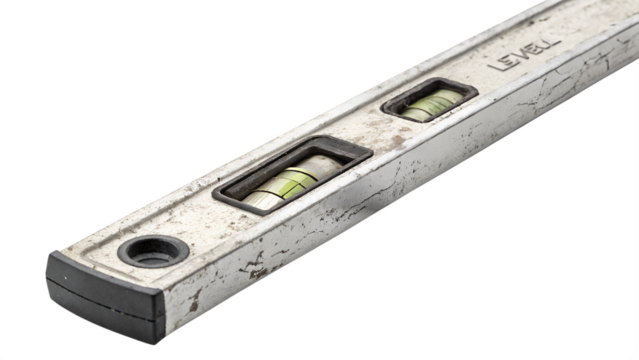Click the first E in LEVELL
511,65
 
